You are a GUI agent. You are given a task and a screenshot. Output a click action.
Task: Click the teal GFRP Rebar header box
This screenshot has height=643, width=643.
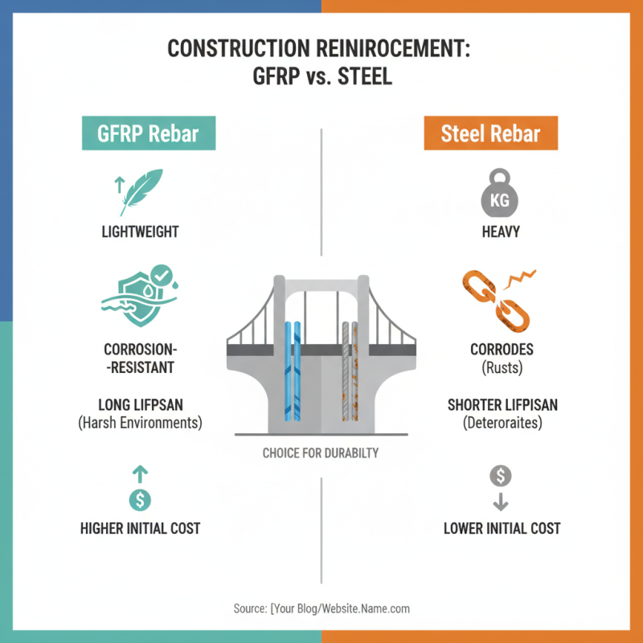(x=149, y=133)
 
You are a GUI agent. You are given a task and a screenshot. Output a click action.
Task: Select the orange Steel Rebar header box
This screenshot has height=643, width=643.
(x=491, y=133)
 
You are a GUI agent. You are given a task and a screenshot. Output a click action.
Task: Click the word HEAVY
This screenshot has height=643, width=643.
(x=501, y=232)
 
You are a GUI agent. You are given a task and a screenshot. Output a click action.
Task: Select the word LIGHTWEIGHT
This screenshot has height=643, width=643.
(x=140, y=232)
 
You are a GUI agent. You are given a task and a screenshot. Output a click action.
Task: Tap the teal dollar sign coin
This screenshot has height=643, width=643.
(x=140, y=499)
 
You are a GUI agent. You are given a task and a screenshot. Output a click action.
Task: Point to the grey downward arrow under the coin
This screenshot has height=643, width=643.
(x=501, y=502)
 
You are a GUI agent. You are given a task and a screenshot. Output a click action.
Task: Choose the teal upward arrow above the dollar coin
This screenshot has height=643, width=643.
(x=140, y=474)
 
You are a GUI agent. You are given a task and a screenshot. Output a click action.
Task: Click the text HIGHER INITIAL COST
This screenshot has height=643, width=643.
(x=140, y=529)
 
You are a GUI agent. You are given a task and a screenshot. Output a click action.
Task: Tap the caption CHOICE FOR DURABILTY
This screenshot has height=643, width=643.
(x=321, y=453)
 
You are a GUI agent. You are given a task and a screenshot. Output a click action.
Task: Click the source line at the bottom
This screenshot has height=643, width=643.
(x=321, y=608)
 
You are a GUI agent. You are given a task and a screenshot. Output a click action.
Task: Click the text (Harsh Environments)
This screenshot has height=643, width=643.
(x=140, y=421)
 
